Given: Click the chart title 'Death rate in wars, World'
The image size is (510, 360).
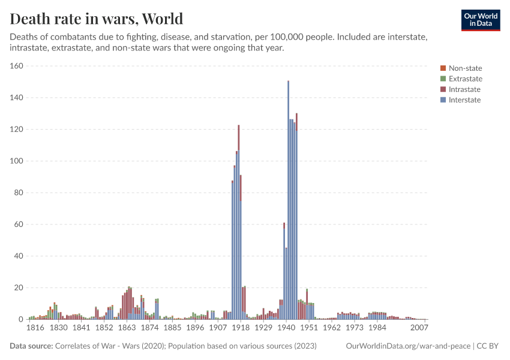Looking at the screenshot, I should coord(97,19).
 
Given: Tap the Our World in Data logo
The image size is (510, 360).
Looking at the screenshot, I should coord(480,19).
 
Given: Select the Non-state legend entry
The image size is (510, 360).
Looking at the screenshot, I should coord(465,68).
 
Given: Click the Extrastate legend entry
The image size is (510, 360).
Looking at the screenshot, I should coord(465,79).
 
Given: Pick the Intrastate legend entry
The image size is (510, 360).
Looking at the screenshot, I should coord(464,89).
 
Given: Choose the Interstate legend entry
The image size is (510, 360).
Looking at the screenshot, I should coord(464,100).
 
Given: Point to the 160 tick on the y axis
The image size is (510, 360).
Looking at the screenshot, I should coord(16,66).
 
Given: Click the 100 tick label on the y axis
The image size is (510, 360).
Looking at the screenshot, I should coord(16,161).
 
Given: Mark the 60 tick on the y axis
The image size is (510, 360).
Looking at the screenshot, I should coord(18,224).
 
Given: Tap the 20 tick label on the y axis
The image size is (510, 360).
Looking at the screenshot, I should coord(18,287).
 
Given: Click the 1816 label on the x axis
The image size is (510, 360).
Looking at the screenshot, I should coord(36,328).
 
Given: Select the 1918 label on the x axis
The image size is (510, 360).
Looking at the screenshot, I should coord(241,328).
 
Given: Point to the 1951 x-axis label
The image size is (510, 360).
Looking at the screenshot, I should coord(308,328).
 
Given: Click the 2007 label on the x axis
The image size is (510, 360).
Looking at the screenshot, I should coord(419,328).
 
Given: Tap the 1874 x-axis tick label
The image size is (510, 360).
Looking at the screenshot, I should coord(149,328).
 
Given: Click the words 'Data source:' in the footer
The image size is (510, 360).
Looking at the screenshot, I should coord(31,346).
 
